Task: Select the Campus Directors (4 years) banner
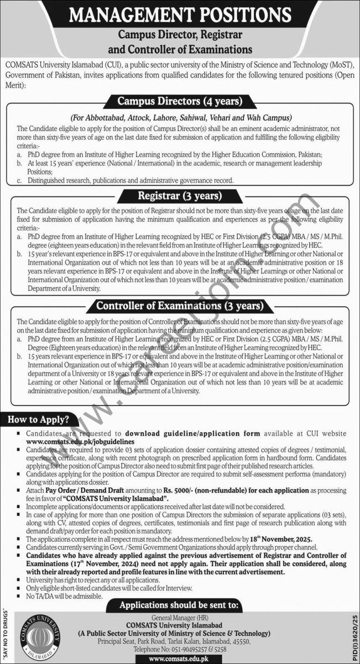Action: pos(180,102)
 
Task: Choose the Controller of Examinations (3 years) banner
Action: pos(180,305)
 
